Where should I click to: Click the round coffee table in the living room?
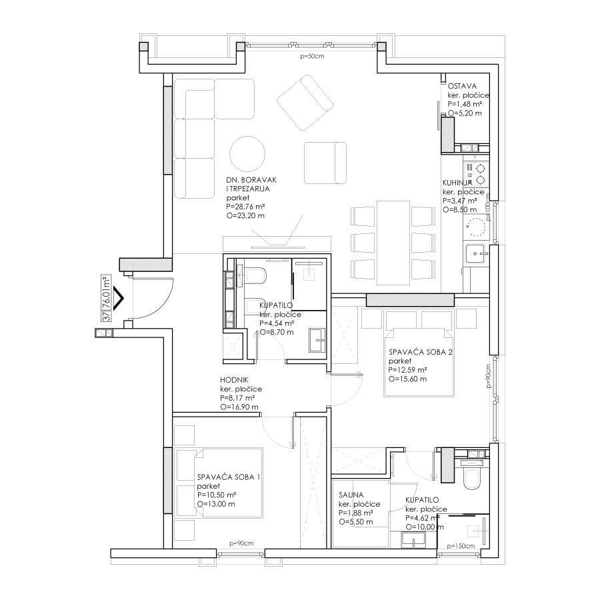247,154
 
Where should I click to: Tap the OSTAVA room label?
462,86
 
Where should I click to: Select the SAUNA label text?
351,495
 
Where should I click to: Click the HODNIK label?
234,380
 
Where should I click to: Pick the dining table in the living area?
393,243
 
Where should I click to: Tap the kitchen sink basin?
475,254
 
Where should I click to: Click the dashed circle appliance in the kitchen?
475,227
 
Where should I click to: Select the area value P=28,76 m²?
245,207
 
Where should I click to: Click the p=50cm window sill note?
312,56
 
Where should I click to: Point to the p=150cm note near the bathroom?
461,546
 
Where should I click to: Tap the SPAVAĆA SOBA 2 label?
420,352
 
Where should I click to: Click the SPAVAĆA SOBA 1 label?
229,477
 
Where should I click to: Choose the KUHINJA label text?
457,183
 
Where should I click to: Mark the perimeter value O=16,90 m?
239,407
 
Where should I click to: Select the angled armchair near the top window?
305,103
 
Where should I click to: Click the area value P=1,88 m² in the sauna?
356,513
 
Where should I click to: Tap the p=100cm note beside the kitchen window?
488,207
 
